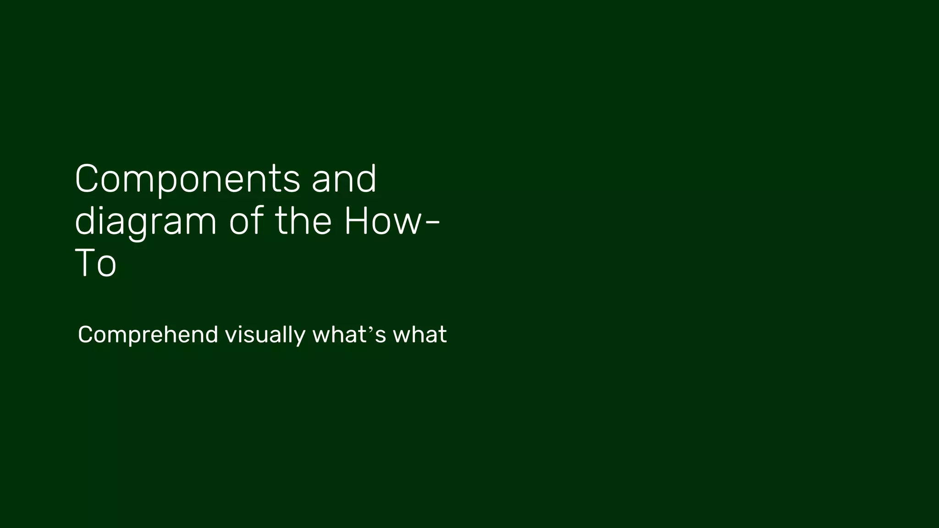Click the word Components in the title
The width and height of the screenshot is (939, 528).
(x=187, y=180)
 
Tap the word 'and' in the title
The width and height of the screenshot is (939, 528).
(x=344, y=179)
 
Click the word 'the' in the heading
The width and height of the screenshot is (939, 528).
(x=303, y=221)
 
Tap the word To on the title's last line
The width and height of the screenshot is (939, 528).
(x=95, y=264)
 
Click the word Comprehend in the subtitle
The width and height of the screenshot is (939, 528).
(x=148, y=335)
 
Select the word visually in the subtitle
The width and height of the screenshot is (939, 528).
(x=265, y=335)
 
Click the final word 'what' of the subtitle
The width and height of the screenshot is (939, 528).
(x=420, y=334)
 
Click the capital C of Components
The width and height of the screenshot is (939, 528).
(x=88, y=179)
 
